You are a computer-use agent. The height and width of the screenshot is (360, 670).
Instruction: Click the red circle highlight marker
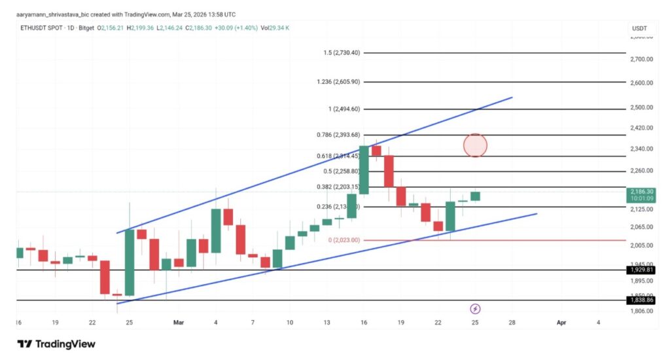pyautogui.click(x=476, y=145)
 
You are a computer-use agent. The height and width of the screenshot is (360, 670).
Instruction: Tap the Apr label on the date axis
pyautogui.click(x=561, y=323)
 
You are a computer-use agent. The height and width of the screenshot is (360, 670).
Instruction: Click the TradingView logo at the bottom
pyautogui.click(x=56, y=344)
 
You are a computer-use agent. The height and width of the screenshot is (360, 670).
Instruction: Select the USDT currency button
pyautogui.click(x=639, y=29)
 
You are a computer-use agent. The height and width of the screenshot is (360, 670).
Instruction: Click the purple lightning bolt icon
pyautogui.click(x=476, y=308)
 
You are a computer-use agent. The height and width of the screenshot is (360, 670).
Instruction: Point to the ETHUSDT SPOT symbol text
pyautogui.click(x=39, y=29)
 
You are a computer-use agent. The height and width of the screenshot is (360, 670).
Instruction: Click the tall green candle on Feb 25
pyautogui.click(x=130, y=262)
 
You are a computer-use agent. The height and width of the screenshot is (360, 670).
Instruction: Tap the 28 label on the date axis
pyautogui.click(x=512, y=323)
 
